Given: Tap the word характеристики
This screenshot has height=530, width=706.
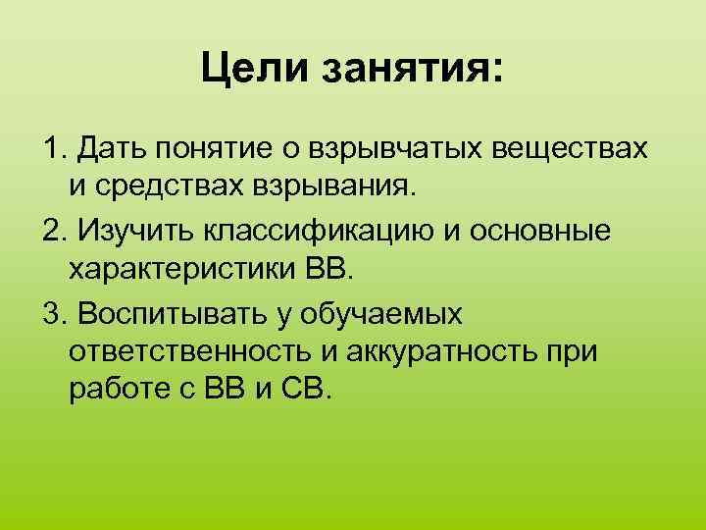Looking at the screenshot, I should (176, 267).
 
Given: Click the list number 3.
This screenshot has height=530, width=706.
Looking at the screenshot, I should (50, 313).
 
